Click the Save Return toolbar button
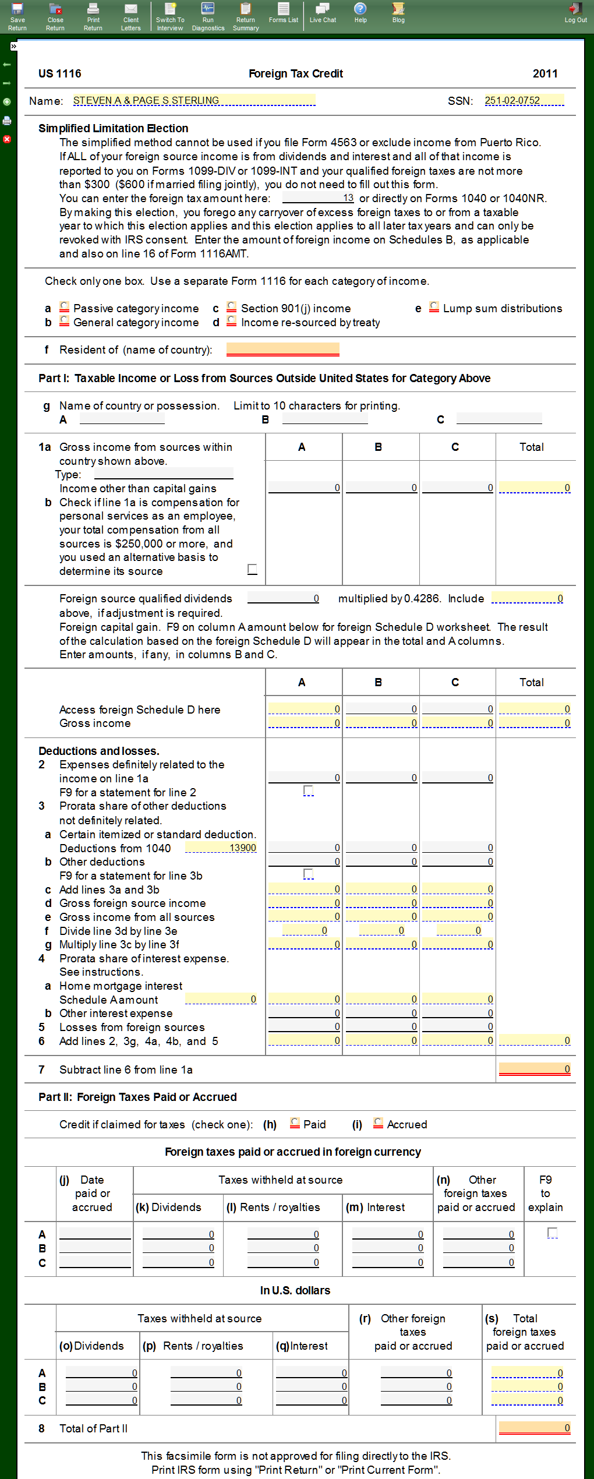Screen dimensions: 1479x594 [17, 16]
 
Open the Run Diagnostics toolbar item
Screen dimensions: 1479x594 [208, 16]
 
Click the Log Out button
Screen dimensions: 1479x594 [575, 13]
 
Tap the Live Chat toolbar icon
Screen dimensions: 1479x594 [323, 13]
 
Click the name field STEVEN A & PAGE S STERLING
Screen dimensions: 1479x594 [194, 101]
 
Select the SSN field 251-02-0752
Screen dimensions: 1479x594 [524, 101]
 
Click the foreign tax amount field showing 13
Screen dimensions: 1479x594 [318, 198]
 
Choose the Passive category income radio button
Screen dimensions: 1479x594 [65, 307]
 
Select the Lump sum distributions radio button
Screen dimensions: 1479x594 [434, 307]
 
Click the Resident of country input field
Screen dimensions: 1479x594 [282, 350]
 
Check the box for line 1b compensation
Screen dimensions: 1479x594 [252, 569]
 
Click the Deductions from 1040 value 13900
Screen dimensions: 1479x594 [221, 848]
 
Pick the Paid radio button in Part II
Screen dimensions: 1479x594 [295, 1123]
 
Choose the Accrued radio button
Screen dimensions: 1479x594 [379, 1123]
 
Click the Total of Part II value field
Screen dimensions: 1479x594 [535, 1428]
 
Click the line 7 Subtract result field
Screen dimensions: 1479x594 [535, 1069]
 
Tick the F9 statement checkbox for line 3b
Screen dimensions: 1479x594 [309, 874]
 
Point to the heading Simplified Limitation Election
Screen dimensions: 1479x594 [114, 129]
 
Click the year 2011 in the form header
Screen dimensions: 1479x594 [545, 74]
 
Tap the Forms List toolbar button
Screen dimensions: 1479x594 [284, 13]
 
